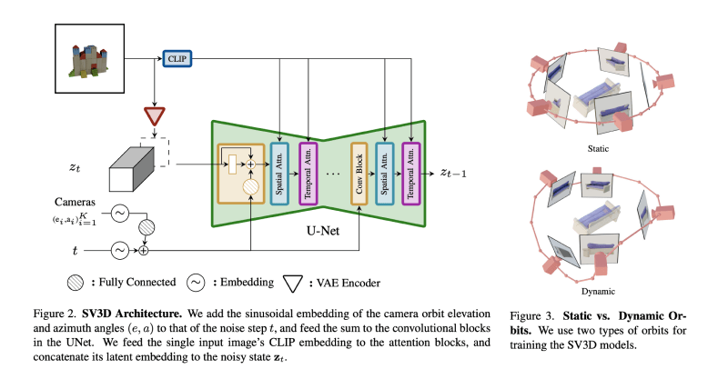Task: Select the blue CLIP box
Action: tap(175, 58)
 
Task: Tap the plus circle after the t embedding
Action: tap(143, 248)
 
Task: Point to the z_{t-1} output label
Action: tap(456, 172)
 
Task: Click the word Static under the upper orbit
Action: tap(598, 147)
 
